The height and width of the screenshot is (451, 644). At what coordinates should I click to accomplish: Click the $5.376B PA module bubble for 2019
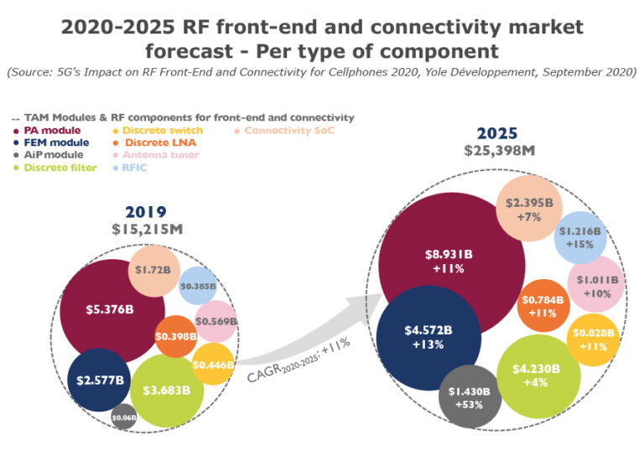(x=110, y=309)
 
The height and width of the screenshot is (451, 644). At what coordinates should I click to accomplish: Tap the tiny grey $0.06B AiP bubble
(x=124, y=417)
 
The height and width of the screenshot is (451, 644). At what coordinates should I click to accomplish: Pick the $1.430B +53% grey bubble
(x=470, y=397)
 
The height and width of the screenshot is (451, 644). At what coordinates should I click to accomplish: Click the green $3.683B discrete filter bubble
(x=168, y=390)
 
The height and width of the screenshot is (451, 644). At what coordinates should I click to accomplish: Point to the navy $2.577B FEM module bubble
(x=99, y=380)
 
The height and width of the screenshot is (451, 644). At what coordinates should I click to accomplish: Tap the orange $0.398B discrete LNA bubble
(x=176, y=335)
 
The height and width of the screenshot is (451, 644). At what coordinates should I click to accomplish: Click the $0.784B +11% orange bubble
(x=543, y=306)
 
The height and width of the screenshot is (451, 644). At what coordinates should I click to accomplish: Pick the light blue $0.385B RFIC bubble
(x=199, y=286)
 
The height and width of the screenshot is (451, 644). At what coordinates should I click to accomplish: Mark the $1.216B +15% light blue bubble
(x=579, y=238)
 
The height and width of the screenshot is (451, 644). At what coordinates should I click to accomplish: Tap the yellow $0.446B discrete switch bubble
(x=212, y=364)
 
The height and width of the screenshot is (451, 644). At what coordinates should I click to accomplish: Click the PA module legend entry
(x=52, y=130)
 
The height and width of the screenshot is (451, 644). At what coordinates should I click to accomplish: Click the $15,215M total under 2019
(x=149, y=228)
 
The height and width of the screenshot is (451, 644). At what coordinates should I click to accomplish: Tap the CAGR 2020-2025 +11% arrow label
(x=299, y=361)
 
